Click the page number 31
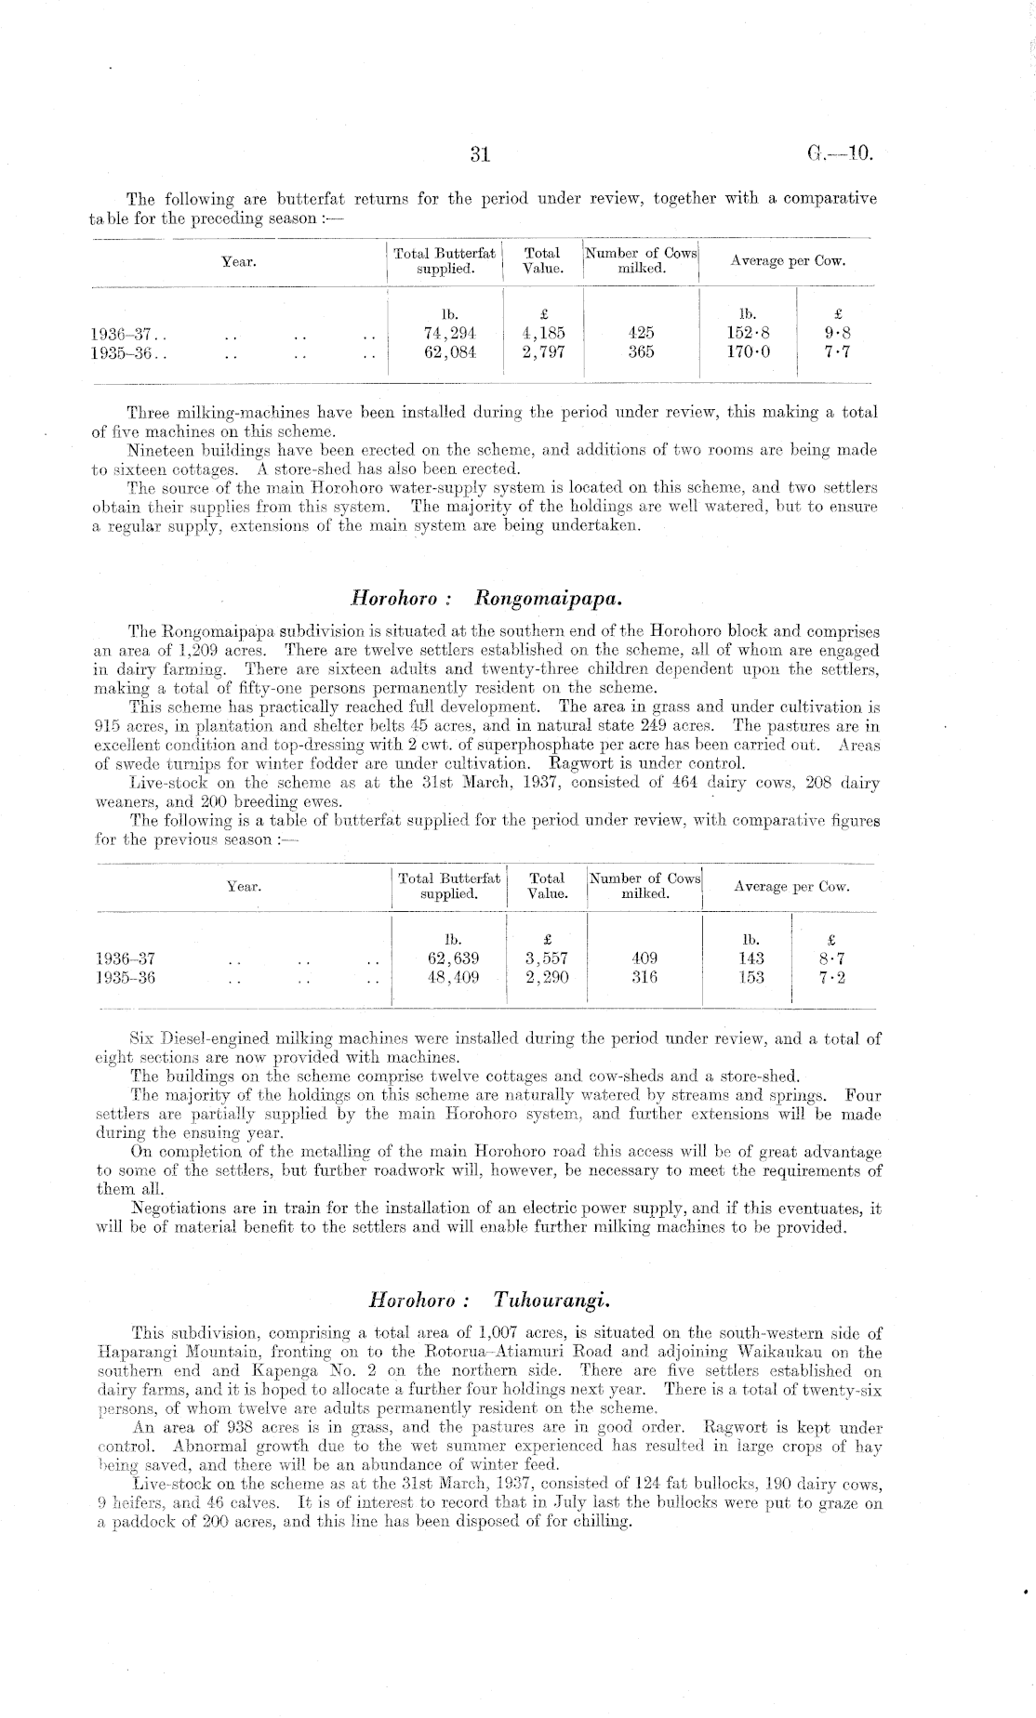click(x=479, y=155)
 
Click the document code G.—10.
click(x=841, y=154)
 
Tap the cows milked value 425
click(x=641, y=333)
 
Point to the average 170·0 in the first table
click(x=749, y=351)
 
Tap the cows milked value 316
click(x=644, y=977)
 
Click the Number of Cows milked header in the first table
click(x=641, y=261)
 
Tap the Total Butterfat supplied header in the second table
click(x=449, y=886)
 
